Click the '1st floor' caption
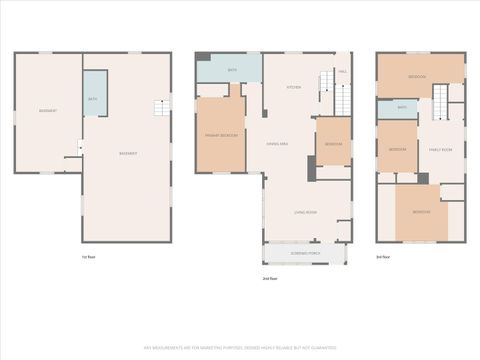pyautogui.click(x=89, y=257)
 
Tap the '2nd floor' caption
pyautogui.click(x=268, y=278)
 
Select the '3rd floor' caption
pyautogui.click(x=382, y=257)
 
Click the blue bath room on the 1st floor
pyautogui.click(x=94, y=98)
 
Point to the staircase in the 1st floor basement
pyautogui.click(x=159, y=107)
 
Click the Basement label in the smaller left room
pyautogui.click(x=47, y=110)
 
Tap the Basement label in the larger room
pyautogui.click(x=128, y=153)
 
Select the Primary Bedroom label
pyautogui.click(x=219, y=135)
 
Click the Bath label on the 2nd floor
pyautogui.click(x=232, y=70)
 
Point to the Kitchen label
pyautogui.click(x=294, y=87)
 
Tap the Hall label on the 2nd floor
pyautogui.click(x=342, y=72)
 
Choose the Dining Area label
pyautogui.click(x=279, y=146)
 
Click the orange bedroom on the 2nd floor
pyautogui.click(x=332, y=146)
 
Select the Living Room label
pyautogui.click(x=305, y=213)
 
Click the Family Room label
pyautogui.click(x=441, y=150)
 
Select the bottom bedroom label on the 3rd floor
pyautogui.click(x=421, y=212)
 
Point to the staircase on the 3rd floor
pyautogui.click(x=441, y=102)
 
